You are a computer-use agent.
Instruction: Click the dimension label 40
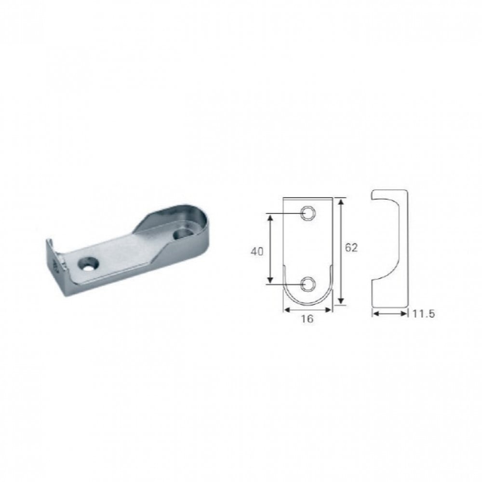click(257, 252)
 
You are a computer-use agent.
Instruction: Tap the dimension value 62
click(351, 247)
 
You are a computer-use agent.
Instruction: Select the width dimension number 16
click(307, 319)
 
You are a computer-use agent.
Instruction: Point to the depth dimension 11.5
click(423, 314)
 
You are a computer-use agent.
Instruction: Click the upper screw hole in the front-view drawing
click(308, 213)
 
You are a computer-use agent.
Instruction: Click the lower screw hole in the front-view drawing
click(308, 284)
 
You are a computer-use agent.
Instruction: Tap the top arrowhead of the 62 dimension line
click(341, 202)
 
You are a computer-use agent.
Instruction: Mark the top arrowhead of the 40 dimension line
click(270, 218)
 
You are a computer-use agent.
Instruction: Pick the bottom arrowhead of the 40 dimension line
click(270, 280)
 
